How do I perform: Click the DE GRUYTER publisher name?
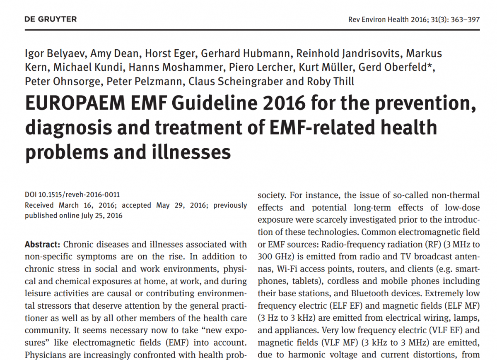click(x=51, y=19)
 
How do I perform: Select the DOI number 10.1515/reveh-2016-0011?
click(x=81, y=195)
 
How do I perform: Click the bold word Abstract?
click(x=43, y=245)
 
